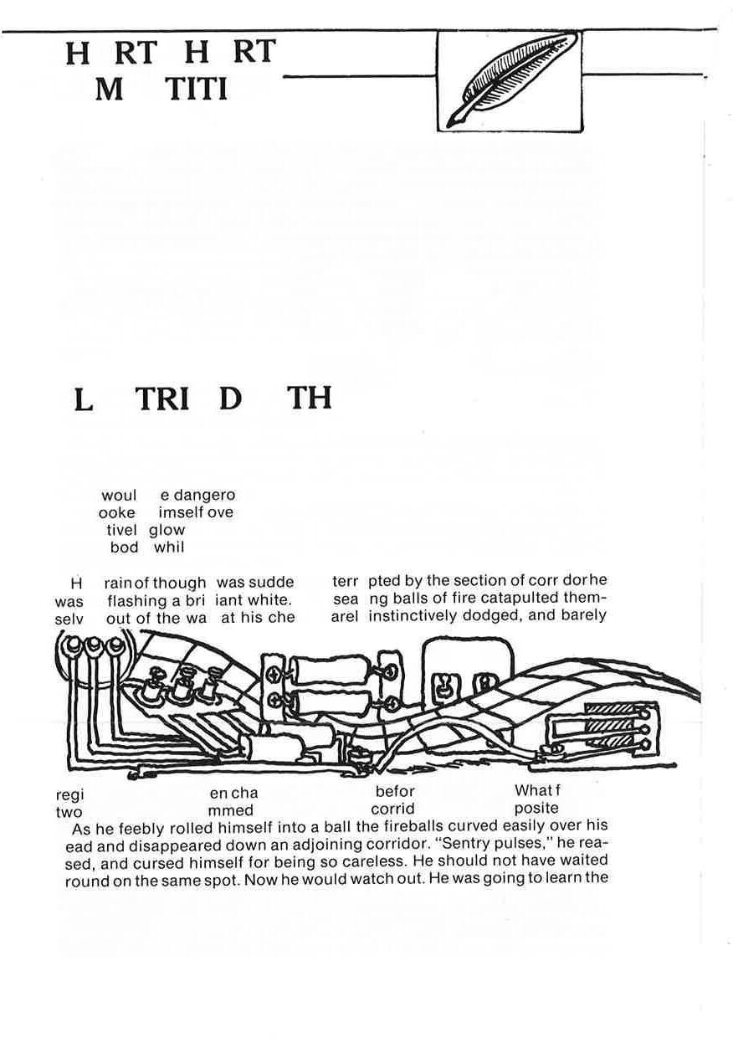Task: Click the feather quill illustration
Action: [x=510, y=81]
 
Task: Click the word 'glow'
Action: [x=167, y=530]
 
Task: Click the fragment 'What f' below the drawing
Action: [x=535, y=791]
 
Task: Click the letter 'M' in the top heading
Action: [x=109, y=90]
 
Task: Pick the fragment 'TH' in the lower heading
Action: [x=310, y=398]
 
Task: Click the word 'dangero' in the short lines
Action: [x=204, y=495]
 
